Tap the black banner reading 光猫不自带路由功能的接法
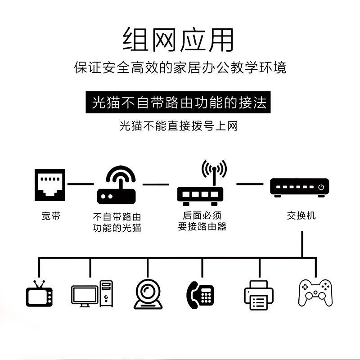point(179,103)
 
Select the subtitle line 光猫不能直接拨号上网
point(179,126)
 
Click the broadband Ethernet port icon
point(50,184)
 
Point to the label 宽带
point(50,216)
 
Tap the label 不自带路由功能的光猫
point(117,222)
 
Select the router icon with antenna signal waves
point(202,182)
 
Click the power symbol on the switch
point(321,187)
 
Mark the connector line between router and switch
point(250,184)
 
